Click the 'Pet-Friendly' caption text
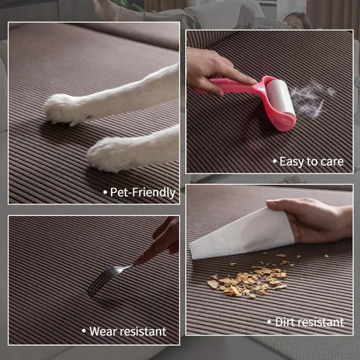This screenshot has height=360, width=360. click(x=141, y=192)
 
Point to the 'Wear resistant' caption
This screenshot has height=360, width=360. click(x=126, y=331)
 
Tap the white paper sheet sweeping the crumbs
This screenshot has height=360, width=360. click(x=241, y=234)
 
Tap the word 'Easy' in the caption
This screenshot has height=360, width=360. click(x=292, y=161)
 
